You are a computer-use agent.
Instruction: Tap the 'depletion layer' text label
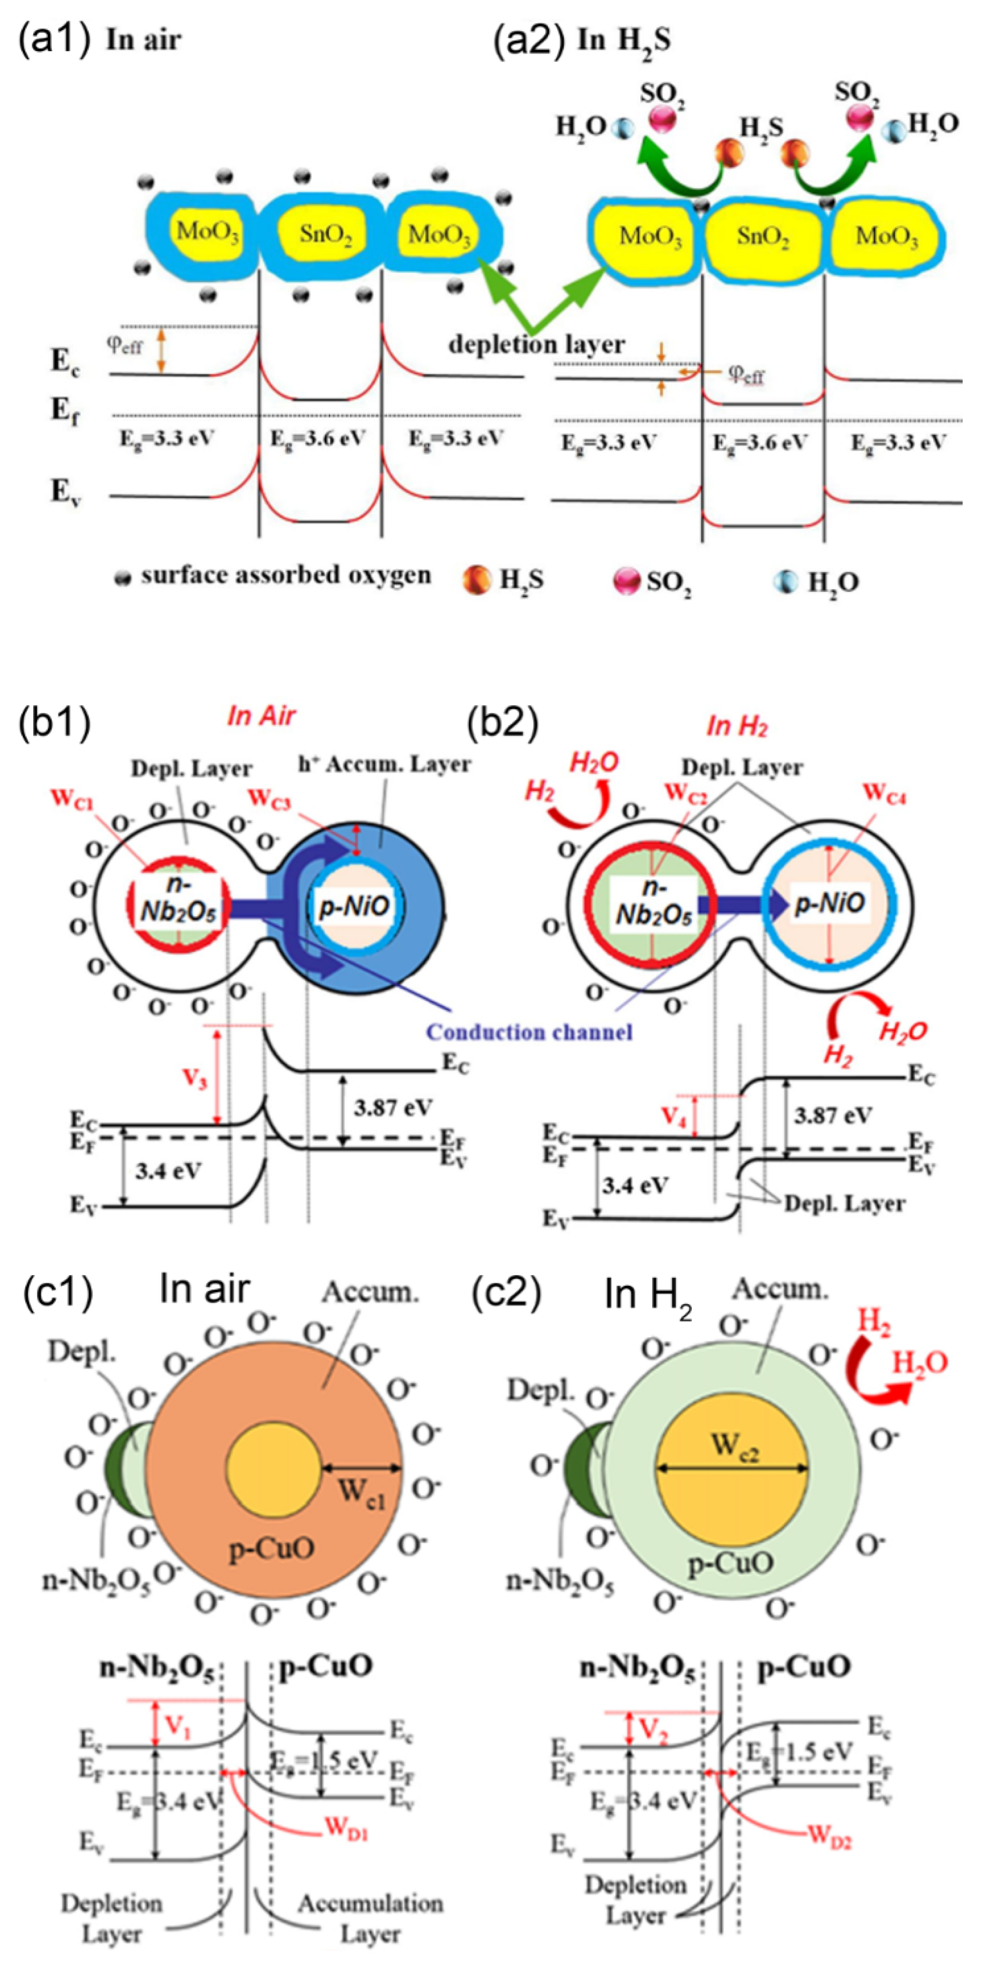click(535, 345)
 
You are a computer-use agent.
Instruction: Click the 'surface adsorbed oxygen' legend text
click(285, 575)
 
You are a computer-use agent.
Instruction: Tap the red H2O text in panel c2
click(920, 1362)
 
